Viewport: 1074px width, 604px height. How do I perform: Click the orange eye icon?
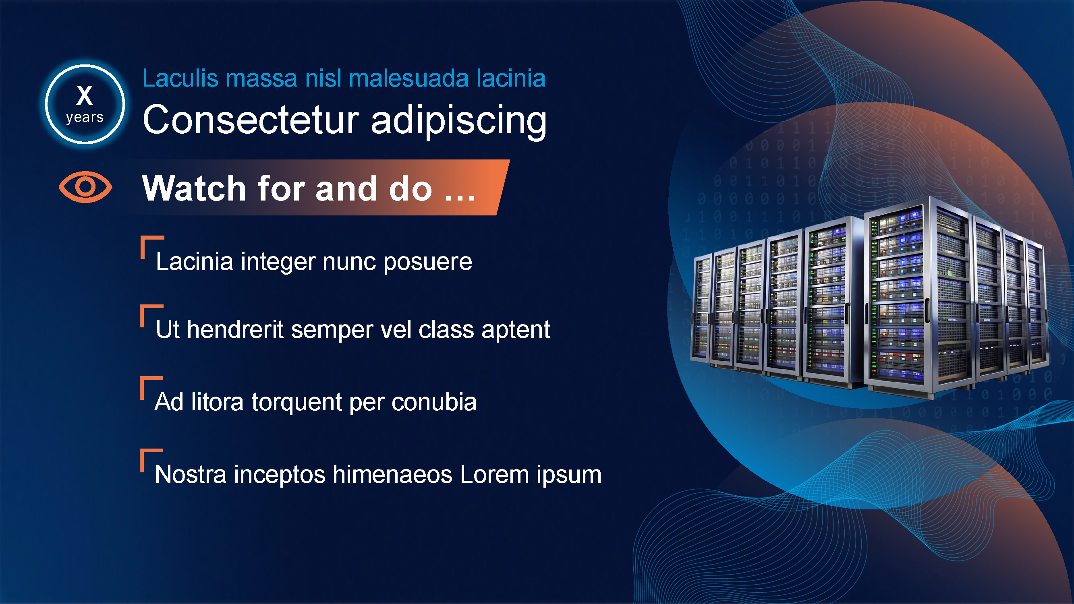[x=85, y=187]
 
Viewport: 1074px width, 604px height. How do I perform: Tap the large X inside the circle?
[x=85, y=95]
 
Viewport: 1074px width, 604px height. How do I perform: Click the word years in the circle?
[x=85, y=118]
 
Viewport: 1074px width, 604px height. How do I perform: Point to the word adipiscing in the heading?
[x=458, y=121]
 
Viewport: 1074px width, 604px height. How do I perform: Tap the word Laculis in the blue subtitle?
[x=180, y=79]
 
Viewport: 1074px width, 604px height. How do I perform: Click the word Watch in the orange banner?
[x=194, y=188]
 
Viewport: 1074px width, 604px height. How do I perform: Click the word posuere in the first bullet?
[x=428, y=263]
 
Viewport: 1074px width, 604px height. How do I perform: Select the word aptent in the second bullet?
[x=516, y=330]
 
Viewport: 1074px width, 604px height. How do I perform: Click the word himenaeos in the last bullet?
[x=392, y=475]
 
